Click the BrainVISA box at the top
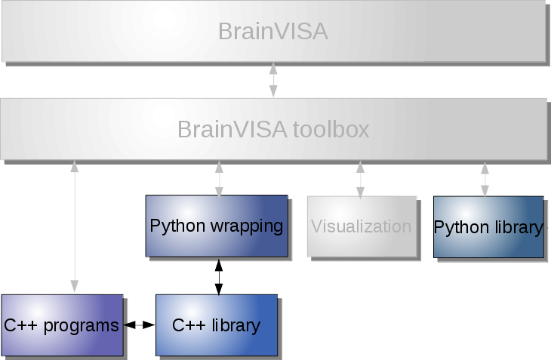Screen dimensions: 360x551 coord(272,32)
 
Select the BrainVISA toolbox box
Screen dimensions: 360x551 coord(272,129)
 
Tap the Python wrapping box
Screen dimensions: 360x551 coord(216,226)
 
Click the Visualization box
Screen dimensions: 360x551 coord(361,226)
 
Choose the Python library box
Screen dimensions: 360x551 coord(488,226)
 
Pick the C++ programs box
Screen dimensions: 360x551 coord(62,325)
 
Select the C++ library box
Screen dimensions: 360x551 coord(216,325)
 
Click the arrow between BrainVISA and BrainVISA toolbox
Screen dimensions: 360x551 coord(273,80)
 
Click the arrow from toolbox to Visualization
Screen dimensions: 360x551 coord(360,178)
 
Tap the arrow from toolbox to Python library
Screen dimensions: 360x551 coord(484,178)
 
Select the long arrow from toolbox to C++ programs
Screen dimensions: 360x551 coord(74,226)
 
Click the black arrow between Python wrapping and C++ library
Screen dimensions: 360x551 coord(219,277)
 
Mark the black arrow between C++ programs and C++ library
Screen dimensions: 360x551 coord(139,325)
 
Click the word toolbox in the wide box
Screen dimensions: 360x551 coord(332,130)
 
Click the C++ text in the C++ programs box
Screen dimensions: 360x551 coord(19,326)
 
